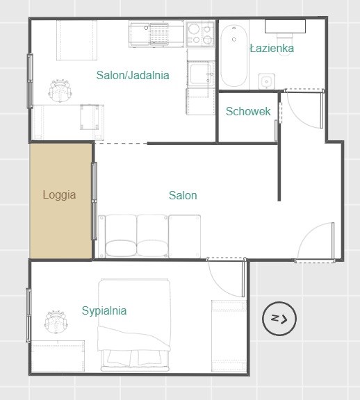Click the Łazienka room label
click(272, 48)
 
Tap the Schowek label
click(248, 111)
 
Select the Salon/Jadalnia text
click(133, 75)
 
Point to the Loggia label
click(59, 194)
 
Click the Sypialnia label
click(104, 310)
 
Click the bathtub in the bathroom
click(234, 56)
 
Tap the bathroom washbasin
click(267, 81)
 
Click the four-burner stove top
click(200, 34)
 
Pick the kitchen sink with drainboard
click(149, 34)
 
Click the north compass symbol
click(279, 318)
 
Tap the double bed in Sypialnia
click(134, 325)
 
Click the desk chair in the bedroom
click(56, 322)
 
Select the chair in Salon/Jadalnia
click(60, 90)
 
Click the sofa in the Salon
click(149, 236)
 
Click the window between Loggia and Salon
click(95, 201)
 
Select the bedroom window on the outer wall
click(28, 315)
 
